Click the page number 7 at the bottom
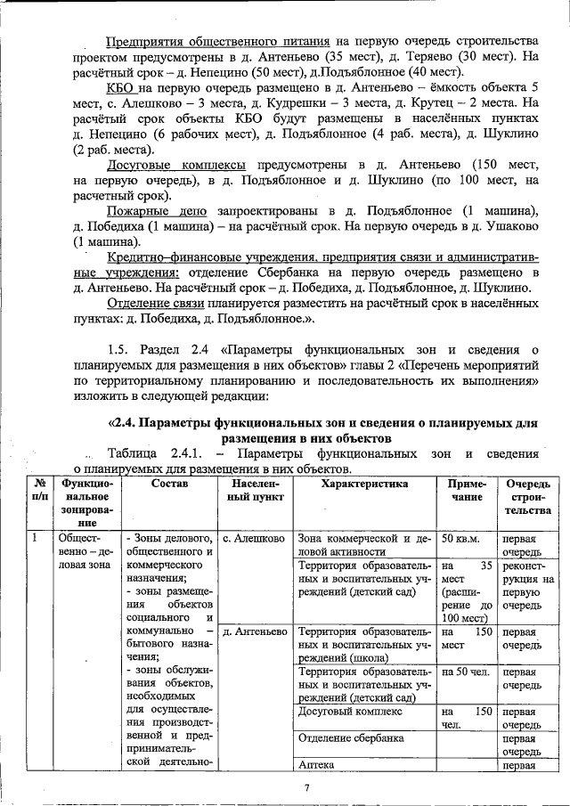(x=306, y=787)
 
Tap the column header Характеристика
(x=364, y=484)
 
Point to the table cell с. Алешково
(x=254, y=539)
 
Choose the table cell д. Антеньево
(x=254, y=631)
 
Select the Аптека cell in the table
(x=317, y=764)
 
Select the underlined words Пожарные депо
(x=155, y=210)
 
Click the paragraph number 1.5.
(x=118, y=348)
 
